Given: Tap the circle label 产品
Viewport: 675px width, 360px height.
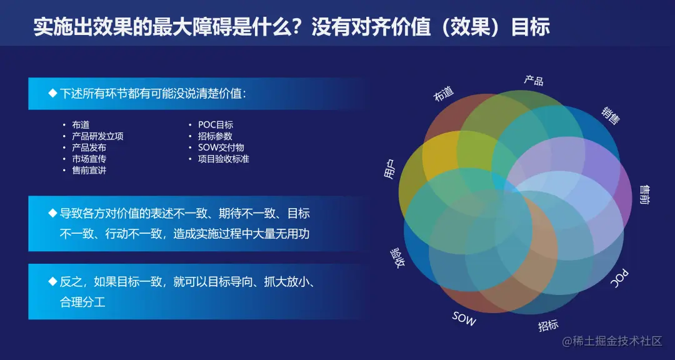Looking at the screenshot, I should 533,79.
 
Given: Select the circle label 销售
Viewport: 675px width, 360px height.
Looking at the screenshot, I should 611,115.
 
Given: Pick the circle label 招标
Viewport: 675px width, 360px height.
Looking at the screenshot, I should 548,325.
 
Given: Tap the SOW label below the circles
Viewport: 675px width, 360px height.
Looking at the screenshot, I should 464,319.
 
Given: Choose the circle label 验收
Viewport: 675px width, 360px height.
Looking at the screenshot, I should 396,257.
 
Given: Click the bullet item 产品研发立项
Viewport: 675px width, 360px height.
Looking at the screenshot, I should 97,136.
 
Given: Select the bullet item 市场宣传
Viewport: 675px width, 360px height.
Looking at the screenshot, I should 89,159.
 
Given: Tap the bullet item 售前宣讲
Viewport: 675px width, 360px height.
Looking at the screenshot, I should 89,170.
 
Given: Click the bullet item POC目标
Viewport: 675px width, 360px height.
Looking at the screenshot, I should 216,125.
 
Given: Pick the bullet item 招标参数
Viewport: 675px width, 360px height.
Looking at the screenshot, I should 215,136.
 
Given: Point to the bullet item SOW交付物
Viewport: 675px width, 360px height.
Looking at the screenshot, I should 221,147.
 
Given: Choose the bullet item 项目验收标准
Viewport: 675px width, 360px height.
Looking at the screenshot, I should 224,159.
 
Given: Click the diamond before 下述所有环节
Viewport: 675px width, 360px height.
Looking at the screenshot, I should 52,94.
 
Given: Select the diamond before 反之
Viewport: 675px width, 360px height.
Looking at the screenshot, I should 52,281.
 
